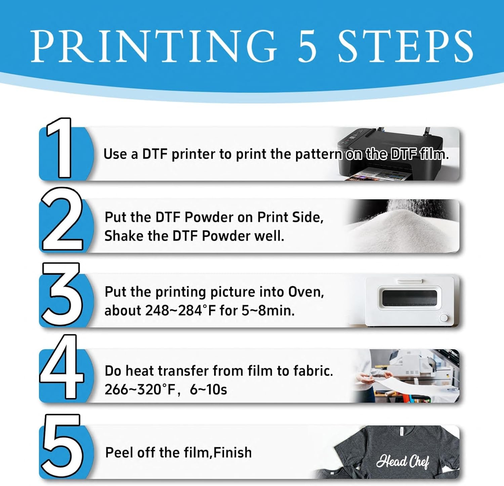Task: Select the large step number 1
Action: pyautogui.click(x=59, y=148)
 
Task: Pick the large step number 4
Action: pyautogui.click(x=61, y=366)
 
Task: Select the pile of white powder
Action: pyautogui.click(x=402, y=228)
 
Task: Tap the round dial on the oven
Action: pyautogui.click(x=444, y=318)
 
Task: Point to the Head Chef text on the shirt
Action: pyautogui.click(x=403, y=461)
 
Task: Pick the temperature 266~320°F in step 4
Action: pyautogui.click(x=140, y=390)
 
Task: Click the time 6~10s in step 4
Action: pyautogui.click(x=208, y=390)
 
